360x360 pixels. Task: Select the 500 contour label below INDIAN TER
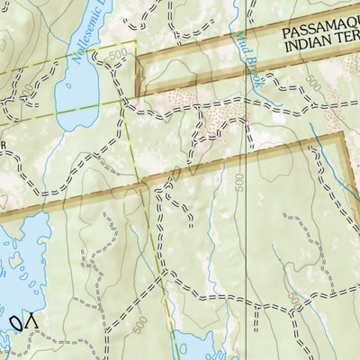pos(312,83)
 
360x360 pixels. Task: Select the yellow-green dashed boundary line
pos(135,135)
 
